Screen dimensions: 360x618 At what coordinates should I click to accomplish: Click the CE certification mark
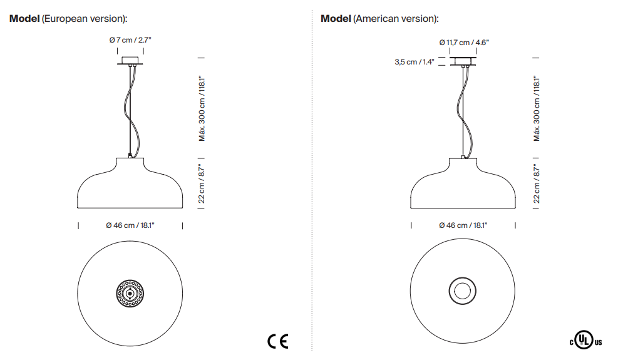click(x=277, y=341)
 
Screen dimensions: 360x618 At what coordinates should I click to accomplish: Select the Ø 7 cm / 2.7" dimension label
click(x=130, y=39)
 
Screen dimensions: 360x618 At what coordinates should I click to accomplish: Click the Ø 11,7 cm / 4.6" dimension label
click(x=463, y=43)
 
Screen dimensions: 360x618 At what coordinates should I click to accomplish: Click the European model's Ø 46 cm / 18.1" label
click(x=130, y=225)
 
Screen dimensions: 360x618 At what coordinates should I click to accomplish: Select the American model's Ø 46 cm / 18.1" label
click(x=463, y=225)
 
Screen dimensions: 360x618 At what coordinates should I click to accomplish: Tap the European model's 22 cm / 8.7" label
click(x=202, y=183)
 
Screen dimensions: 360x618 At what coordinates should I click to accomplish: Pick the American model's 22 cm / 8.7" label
click(x=537, y=183)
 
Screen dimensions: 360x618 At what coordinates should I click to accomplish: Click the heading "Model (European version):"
click(x=73, y=19)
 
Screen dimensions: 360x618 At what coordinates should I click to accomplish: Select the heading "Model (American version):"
click(x=379, y=19)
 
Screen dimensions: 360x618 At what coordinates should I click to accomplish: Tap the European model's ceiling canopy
click(x=130, y=62)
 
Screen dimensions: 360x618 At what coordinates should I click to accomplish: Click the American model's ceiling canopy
click(x=464, y=61)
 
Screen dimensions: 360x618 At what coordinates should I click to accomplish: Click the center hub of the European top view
click(x=130, y=293)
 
